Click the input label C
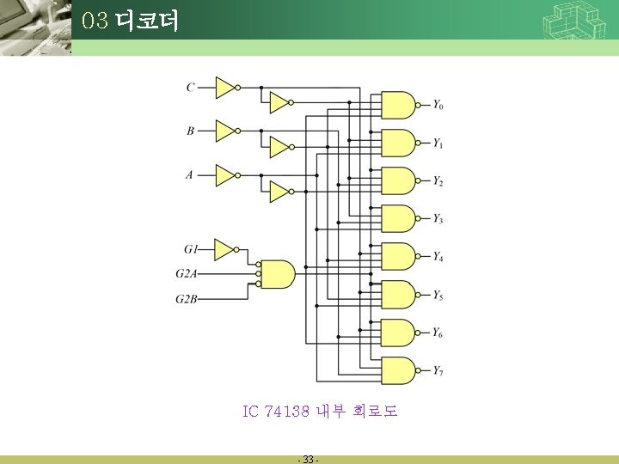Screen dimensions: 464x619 190,87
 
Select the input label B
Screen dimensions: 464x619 190,131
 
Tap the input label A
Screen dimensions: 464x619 189,174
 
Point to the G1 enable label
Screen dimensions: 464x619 190,249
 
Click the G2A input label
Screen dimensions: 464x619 187,274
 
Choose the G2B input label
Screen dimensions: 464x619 187,299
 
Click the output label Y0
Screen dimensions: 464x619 438,106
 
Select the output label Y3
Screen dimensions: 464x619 438,219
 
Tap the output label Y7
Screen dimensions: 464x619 438,371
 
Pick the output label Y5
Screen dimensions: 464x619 438,296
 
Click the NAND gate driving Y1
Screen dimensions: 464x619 397,143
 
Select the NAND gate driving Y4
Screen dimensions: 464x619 397,257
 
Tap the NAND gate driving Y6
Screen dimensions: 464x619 397,333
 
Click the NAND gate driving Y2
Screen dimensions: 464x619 397,180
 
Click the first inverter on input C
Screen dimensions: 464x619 226,87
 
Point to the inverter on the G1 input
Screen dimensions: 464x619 224,249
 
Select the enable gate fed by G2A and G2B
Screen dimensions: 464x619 277,274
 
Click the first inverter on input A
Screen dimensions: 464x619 226,174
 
